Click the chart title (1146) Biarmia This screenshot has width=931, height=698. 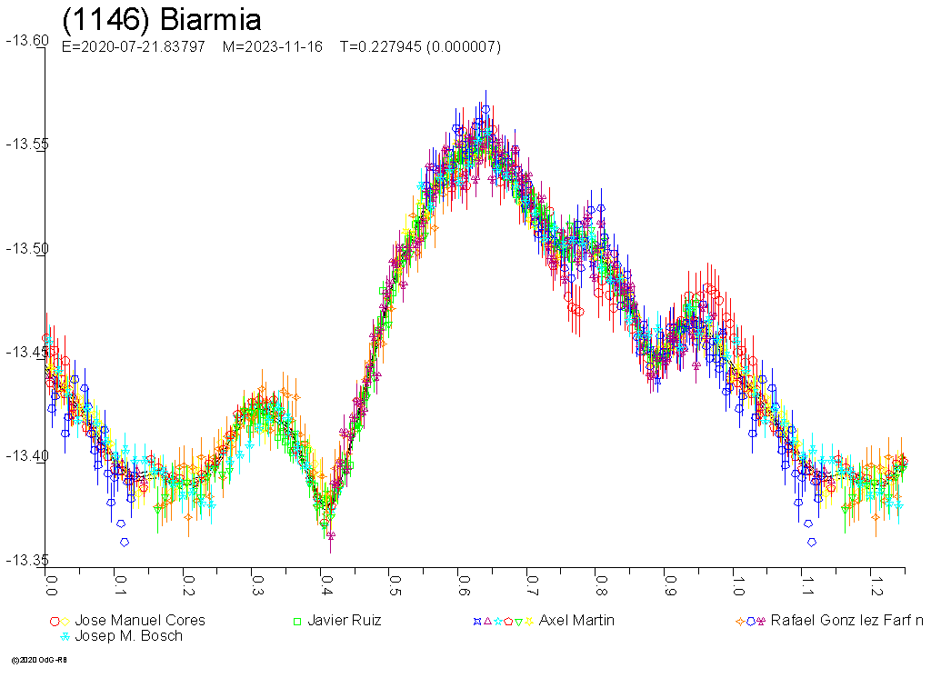pyautogui.click(x=161, y=20)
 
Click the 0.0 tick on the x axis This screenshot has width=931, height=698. pyautogui.click(x=51, y=580)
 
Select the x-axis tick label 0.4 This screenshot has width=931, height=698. pyautogui.click(x=325, y=580)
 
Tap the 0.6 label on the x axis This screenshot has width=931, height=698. pyautogui.click(x=462, y=580)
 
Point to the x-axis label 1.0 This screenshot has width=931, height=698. pyautogui.click(x=736, y=580)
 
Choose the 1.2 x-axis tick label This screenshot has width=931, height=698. pyautogui.click(x=874, y=580)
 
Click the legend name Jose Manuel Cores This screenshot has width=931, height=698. pyautogui.click(x=140, y=621)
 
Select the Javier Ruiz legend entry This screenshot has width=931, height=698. pyautogui.click(x=344, y=621)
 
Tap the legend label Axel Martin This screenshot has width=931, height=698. pyautogui.click(x=576, y=621)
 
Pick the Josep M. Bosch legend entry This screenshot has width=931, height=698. pyautogui.click(x=128, y=636)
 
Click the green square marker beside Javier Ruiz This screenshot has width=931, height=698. pyautogui.click(x=296, y=622)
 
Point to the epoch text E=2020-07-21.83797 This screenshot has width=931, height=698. pyautogui.click(x=133, y=46)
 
